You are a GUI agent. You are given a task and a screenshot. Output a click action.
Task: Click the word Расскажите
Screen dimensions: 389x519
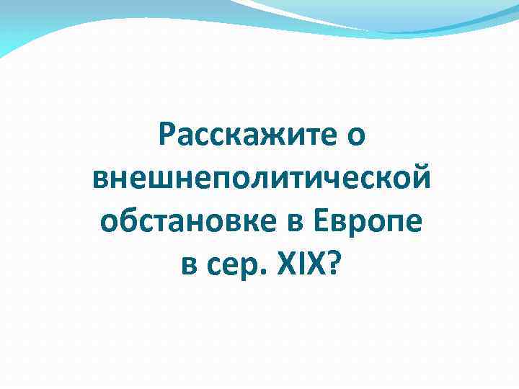coord(244,135)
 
